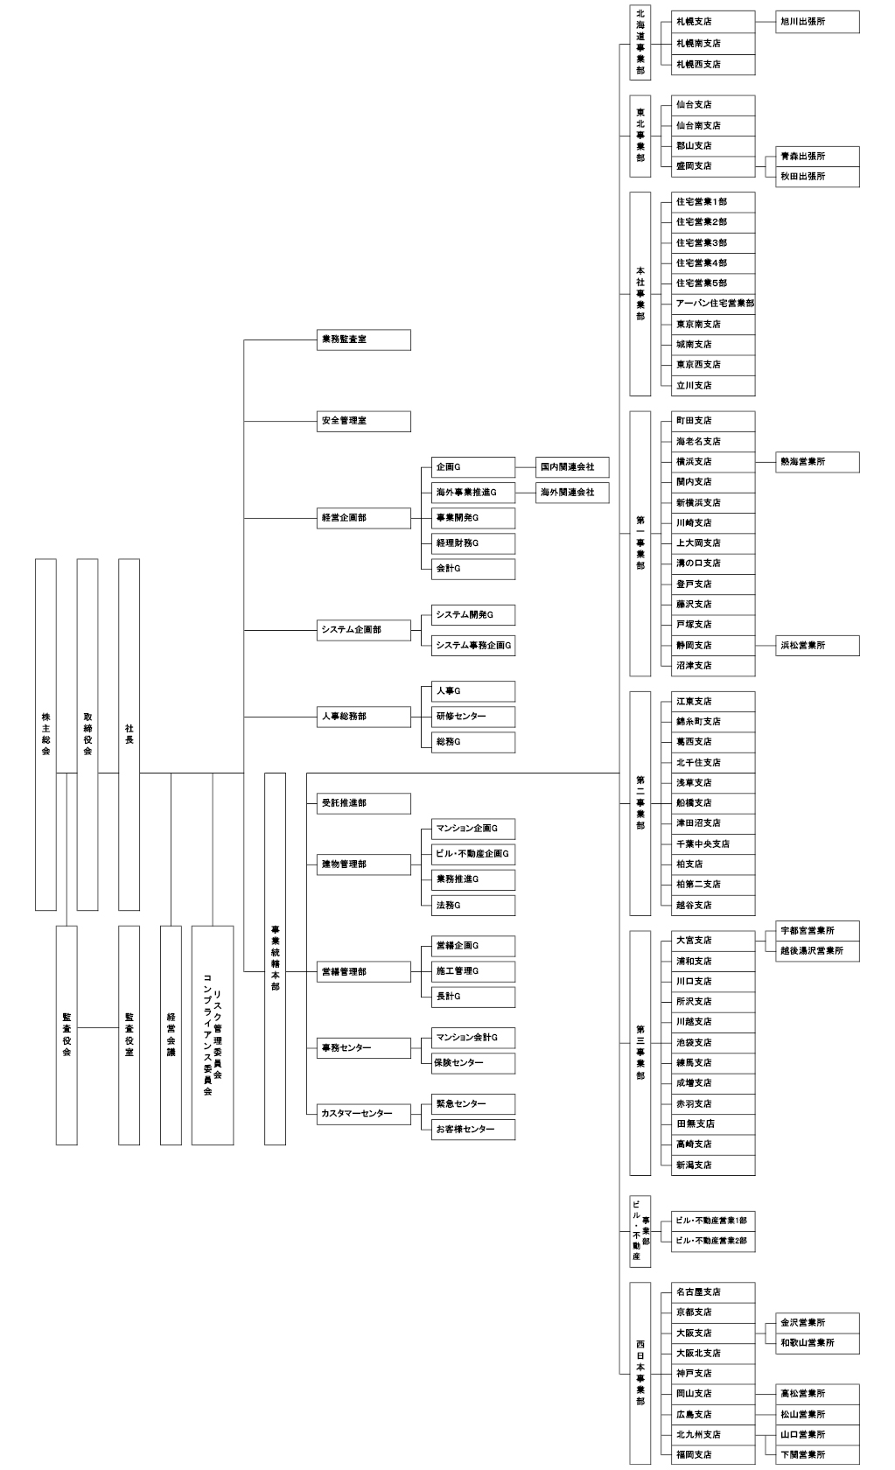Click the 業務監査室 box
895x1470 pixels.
tap(364, 339)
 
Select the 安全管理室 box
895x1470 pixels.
tap(364, 422)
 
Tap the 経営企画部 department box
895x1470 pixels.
tap(364, 518)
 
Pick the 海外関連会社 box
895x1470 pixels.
tap(572, 492)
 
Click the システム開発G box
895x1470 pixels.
tap(473, 615)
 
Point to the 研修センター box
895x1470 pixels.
tap(473, 717)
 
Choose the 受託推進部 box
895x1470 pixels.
tap(364, 803)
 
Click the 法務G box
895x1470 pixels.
tap(473, 905)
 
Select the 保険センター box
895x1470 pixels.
tap(473, 1062)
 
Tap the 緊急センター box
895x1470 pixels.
tap(473, 1104)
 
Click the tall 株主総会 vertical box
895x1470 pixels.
tap(45, 734)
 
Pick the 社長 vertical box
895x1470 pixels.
tap(129, 734)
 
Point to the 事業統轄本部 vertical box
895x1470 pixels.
tap(275, 958)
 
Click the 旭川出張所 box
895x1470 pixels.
tap(817, 22)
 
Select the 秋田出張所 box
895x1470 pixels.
tap(817, 177)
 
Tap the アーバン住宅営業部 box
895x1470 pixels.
tap(713, 304)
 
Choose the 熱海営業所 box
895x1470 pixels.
tap(817, 462)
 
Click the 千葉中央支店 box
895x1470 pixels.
tap(713, 843)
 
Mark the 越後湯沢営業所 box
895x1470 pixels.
tap(817, 951)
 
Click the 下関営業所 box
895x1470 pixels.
tap(817, 1454)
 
